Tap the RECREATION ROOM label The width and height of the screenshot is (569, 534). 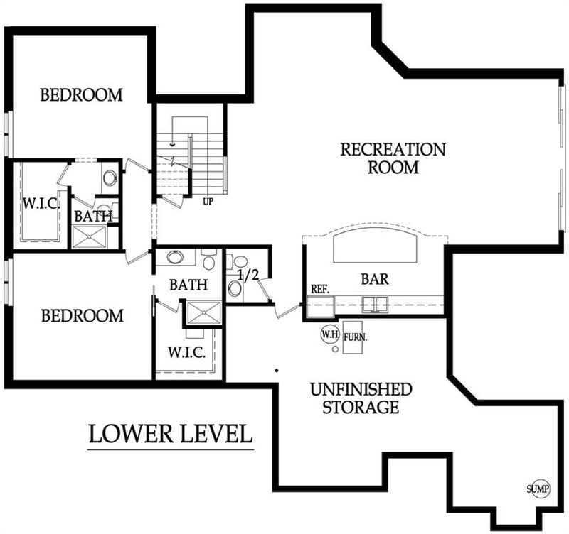(x=393, y=158)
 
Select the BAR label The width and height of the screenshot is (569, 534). (x=375, y=279)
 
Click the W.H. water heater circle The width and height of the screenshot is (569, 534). (x=329, y=334)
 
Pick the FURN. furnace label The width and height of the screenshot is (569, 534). (x=355, y=338)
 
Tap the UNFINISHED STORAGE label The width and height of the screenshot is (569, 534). (x=360, y=398)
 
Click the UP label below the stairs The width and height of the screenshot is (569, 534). (x=208, y=201)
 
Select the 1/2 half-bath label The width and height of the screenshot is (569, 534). (x=248, y=276)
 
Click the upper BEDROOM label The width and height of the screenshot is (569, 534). (x=81, y=94)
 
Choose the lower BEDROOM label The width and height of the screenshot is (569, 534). (x=82, y=315)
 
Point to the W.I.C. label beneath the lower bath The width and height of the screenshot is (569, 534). (x=186, y=352)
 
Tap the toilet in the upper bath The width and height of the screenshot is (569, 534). (x=110, y=177)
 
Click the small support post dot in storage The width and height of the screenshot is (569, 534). (x=276, y=370)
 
